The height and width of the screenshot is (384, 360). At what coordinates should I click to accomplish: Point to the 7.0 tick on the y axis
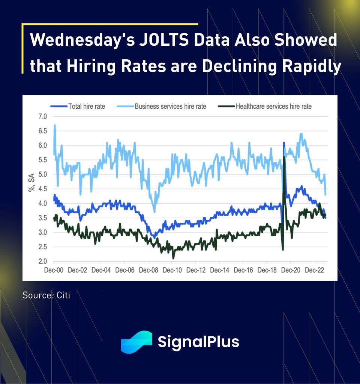point(42,116)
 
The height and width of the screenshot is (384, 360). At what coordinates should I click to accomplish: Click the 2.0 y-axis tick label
point(42,261)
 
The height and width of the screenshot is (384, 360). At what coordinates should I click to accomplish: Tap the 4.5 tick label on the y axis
point(42,189)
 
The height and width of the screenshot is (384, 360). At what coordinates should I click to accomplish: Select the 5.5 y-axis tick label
point(42,160)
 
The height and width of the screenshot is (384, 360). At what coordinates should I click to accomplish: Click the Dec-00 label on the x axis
point(53,270)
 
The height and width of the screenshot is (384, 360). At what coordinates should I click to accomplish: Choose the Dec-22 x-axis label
point(315,270)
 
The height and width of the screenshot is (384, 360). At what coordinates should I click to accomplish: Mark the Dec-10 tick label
point(172,270)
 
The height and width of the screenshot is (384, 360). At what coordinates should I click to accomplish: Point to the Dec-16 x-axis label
point(244,270)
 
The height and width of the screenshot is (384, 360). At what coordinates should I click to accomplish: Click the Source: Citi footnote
point(46,295)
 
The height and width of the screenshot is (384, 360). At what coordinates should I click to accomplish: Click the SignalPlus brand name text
point(198,342)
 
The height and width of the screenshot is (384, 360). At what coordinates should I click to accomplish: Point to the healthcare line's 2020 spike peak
point(284,157)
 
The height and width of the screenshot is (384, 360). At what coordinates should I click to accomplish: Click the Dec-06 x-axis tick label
point(125,270)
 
